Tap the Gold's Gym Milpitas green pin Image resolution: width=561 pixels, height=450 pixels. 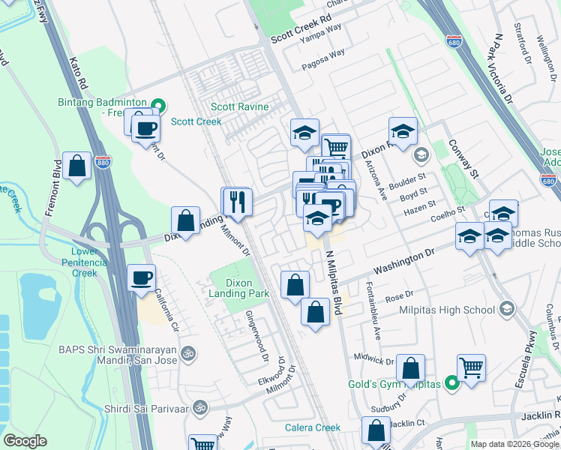451,384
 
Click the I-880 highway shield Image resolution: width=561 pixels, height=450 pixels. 103,162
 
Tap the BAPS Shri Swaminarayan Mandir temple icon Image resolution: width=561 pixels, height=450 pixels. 188,352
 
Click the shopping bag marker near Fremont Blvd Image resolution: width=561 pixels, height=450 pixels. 77,166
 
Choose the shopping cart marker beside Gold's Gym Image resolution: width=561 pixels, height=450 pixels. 471,367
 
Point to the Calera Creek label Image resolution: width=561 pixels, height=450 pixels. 313,427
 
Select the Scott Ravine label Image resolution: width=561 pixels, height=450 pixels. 239,107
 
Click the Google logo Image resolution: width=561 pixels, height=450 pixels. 25,441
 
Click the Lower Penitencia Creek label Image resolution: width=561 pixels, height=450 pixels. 84,262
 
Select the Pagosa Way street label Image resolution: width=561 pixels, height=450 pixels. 323,59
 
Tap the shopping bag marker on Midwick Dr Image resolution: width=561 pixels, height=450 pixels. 410,368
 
